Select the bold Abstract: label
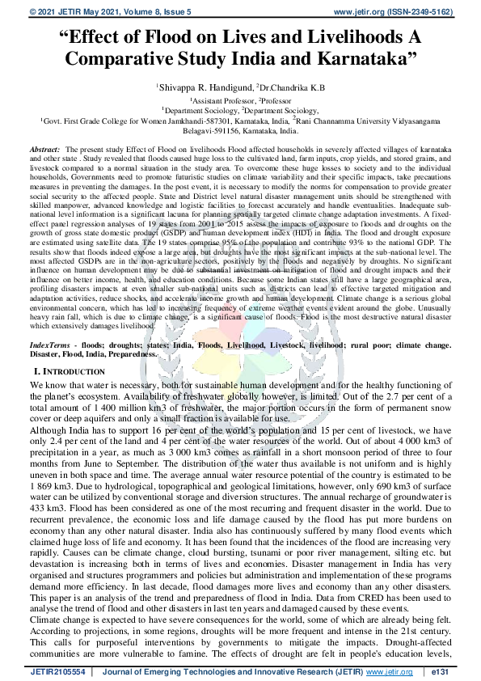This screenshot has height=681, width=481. coord(67,150)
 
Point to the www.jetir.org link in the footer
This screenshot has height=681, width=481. coord(391,671)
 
